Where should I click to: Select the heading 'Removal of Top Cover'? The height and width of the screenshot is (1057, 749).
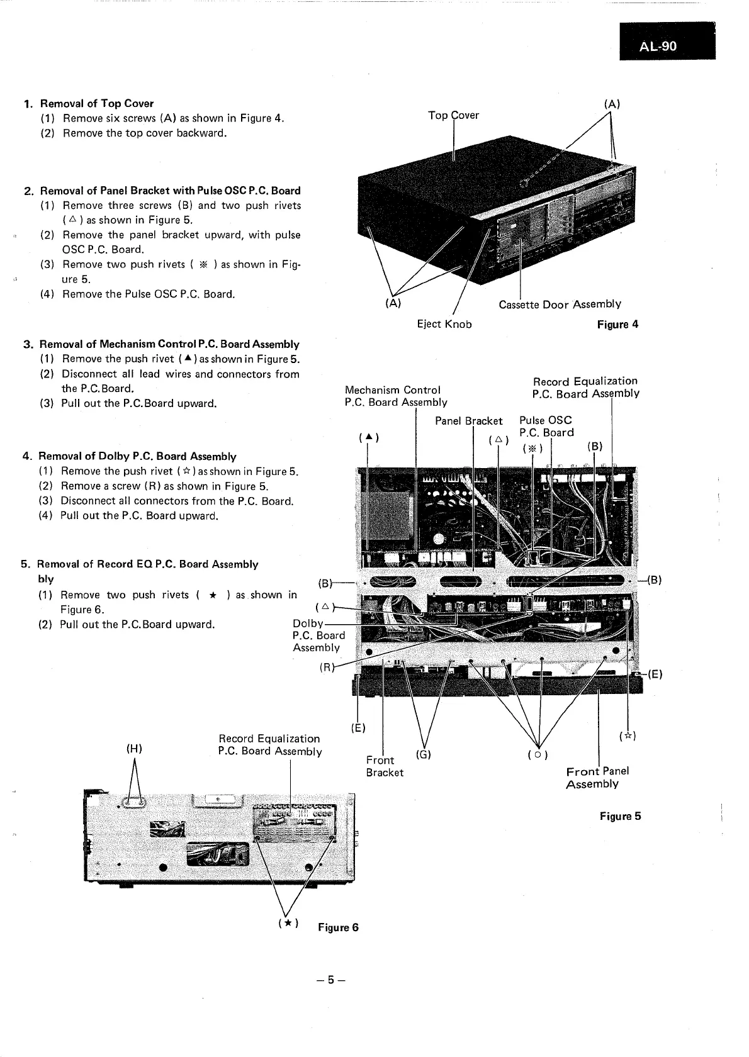[x=97, y=103]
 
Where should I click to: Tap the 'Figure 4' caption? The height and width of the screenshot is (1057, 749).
[x=617, y=325]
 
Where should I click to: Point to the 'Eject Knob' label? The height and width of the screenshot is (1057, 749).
[x=444, y=324]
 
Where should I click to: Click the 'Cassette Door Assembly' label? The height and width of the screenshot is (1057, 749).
[x=560, y=305]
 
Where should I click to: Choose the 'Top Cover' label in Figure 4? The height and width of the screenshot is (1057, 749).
[x=453, y=115]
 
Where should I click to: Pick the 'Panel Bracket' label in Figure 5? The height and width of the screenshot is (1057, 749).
[x=468, y=421]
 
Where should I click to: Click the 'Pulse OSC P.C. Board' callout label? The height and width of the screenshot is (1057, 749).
[x=546, y=426]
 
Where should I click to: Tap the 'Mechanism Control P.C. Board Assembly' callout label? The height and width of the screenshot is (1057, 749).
[x=395, y=396]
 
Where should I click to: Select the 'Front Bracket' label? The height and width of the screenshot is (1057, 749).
[x=385, y=766]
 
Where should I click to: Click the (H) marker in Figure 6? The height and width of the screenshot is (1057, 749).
[x=134, y=748]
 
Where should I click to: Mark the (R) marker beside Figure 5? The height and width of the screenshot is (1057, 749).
[x=326, y=668]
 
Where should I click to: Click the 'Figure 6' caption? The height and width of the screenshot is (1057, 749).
[x=338, y=927]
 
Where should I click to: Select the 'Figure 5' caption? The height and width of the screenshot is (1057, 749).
[x=620, y=816]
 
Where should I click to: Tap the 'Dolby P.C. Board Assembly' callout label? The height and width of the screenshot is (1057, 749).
[x=318, y=635]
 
